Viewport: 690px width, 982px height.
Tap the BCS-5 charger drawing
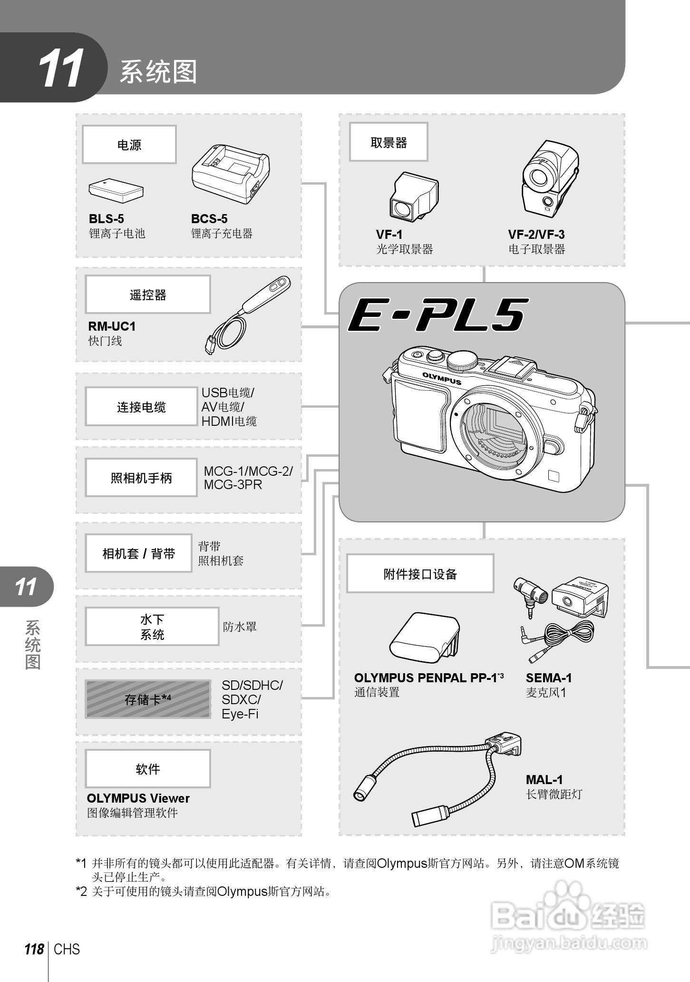click(x=231, y=174)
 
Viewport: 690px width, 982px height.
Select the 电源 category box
click(x=129, y=145)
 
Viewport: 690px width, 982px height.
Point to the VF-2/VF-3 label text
click(x=536, y=235)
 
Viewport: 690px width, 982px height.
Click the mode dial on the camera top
click(x=462, y=360)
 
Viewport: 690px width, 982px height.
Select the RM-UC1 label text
click(x=112, y=326)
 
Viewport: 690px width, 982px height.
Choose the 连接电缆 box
click(x=141, y=407)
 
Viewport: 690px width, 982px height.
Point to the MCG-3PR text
click(x=233, y=485)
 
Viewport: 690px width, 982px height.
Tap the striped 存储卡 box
click(x=147, y=699)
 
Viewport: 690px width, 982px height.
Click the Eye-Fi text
click(x=240, y=714)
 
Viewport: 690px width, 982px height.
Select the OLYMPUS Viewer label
click(x=138, y=798)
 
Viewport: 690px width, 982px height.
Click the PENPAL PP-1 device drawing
click(x=425, y=638)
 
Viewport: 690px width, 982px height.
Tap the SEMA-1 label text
click(x=548, y=678)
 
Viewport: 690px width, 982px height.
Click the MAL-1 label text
click(x=544, y=780)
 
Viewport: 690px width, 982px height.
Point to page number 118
click(x=34, y=950)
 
